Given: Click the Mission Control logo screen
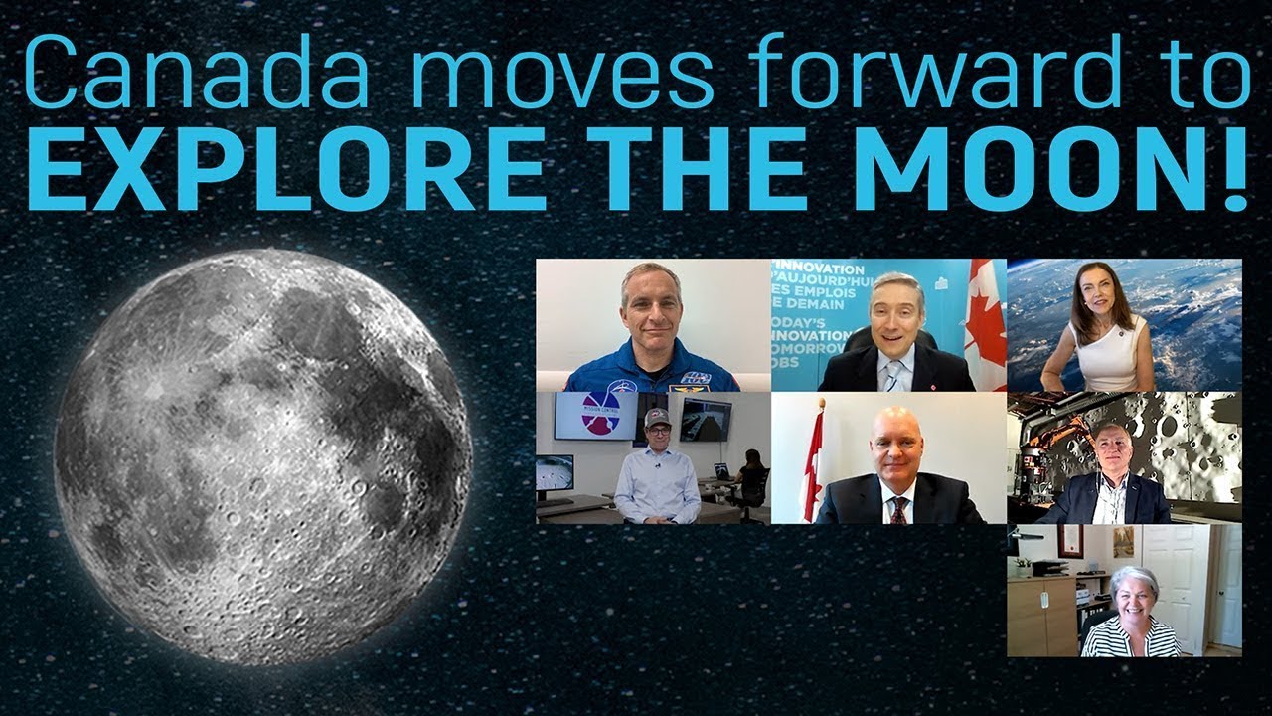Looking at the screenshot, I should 595,415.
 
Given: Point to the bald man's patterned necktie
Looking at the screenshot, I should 897,510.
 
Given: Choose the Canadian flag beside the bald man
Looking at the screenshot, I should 814,467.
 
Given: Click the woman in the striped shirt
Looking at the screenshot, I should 1133,617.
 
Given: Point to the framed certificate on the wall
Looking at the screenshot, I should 1069,541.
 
